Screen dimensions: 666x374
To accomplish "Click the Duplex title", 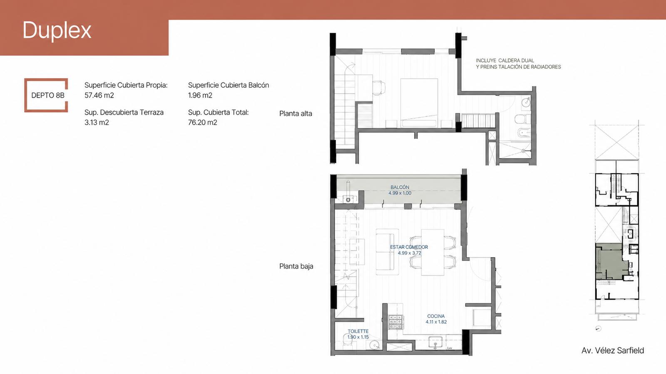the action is click(57, 31).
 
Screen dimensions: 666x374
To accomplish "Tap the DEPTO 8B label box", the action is click(46, 95).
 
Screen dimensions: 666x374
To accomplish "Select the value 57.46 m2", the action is click(99, 95).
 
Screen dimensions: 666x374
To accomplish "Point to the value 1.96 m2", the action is click(200, 95).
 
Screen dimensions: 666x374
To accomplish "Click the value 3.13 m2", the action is click(97, 122).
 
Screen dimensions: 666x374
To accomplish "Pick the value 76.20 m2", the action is click(202, 122).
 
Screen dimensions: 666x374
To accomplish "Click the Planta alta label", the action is click(296, 114).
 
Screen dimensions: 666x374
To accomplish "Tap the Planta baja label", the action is click(296, 266).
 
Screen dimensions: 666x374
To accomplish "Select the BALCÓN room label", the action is click(400, 187).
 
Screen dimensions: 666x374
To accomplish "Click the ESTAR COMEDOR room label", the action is click(409, 247).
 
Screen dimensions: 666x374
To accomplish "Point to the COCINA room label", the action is click(436, 316).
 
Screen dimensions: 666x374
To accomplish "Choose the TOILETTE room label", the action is click(358, 331).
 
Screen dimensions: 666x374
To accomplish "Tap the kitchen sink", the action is click(435, 342).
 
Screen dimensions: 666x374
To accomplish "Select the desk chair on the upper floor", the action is click(379, 88).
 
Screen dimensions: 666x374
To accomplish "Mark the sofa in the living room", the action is click(387, 252).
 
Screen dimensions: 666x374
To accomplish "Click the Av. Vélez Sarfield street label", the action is click(613, 351).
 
